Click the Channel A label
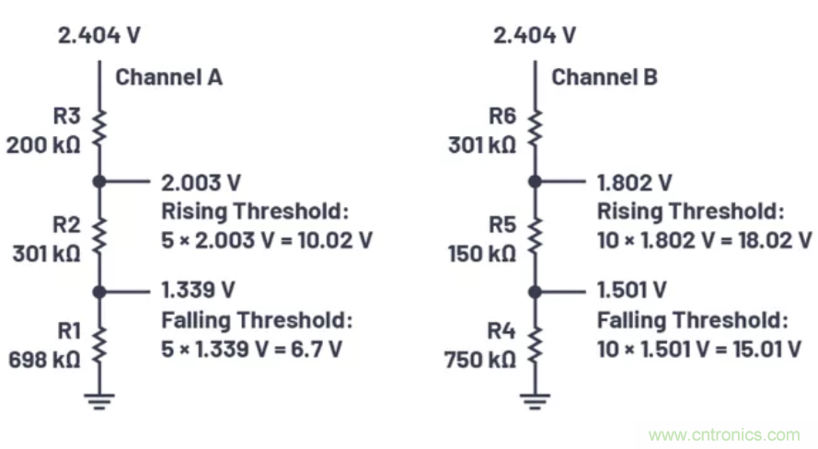(x=168, y=77)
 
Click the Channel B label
(x=605, y=77)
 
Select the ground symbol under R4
(x=535, y=398)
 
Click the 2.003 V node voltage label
(x=201, y=182)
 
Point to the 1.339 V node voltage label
(x=199, y=290)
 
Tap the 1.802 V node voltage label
(x=636, y=182)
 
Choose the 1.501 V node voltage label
(x=633, y=290)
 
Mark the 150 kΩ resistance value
(x=481, y=252)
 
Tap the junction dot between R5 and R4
(x=535, y=291)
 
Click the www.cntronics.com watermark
(x=724, y=434)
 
